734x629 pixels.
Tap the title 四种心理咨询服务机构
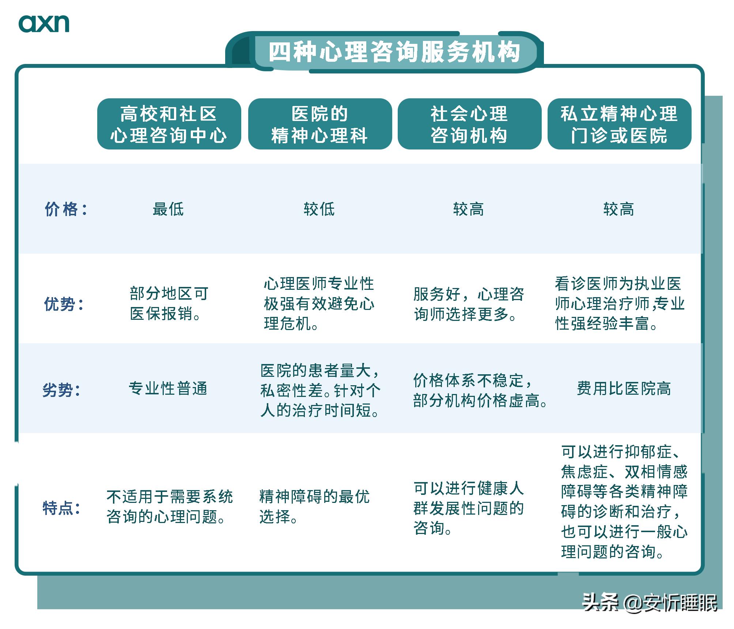pyautogui.click(x=394, y=52)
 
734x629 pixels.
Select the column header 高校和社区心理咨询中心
pyautogui.click(x=169, y=124)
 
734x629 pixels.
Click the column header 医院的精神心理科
pyautogui.click(x=319, y=124)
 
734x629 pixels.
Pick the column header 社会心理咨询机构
pyautogui.click(x=469, y=124)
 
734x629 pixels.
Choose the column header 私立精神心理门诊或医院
pyautogui.click(x=619, y=124)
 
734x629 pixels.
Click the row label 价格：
pyautogui.click(x=66, y=209)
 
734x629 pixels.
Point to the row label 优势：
pyautogui.click(x=64, y=304)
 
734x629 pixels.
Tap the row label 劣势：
pyautogui.click(x=62, y=390)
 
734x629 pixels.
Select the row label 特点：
pyautogui.click(x=62, y=508)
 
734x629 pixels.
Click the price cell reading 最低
pyautogui.click(x=168, y=209)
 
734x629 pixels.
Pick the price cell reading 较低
pyautogui.click(x=319, y=209)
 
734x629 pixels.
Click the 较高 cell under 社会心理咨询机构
pyautogui.click(x=468, y=209)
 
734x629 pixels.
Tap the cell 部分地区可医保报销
pyautogui.click(x=169, y=304)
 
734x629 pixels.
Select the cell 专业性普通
pyautogui.click(x=168, y=389)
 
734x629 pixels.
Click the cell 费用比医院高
pyautogui.click(x=624, y=389)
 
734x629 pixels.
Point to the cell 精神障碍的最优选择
pyautogui.click(x=314, y=507)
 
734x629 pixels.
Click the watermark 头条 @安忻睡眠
pyautogui.click(x=650, y=602)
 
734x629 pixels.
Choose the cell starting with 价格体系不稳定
pyautogui.click(x=479, y=391)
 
